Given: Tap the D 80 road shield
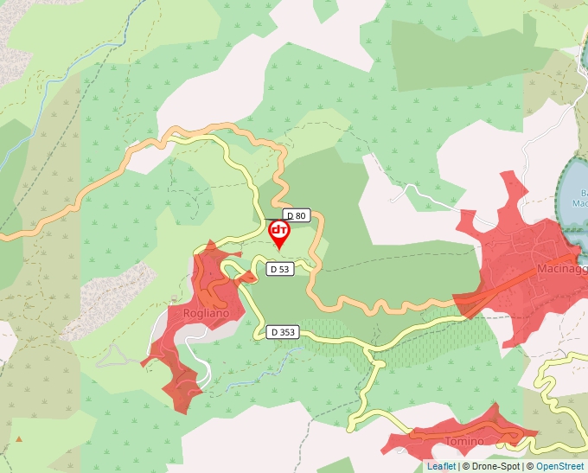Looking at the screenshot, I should (x=297, y=215).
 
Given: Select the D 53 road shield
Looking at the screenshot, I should (x=279, y=269).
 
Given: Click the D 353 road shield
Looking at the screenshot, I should (x=283, y=331).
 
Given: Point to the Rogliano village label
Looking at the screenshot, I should (x=207, y=313).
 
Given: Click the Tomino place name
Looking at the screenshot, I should (x=463, y=441).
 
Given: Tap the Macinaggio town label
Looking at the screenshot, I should (x=562, y=269).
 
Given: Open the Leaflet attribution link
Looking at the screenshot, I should (x=441, y=466).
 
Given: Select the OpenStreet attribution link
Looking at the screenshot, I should (x=560, y=466).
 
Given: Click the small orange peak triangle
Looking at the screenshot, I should (x=18, y=438).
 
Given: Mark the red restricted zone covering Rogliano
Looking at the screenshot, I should (x=186, y=346).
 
